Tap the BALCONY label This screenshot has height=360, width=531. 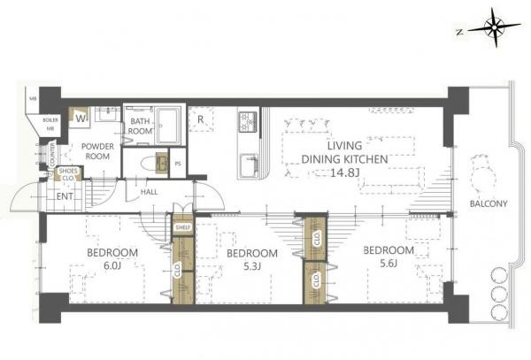point(488,204)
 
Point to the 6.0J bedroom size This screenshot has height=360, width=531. point(112,265)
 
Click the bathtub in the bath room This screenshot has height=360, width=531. point(168,126)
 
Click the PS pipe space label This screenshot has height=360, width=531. point(179,164)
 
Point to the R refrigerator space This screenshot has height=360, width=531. point(203,119)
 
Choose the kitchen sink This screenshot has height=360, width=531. point(249,163)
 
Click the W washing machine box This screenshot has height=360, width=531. point(81,116)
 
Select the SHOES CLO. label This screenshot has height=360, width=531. point(65,173)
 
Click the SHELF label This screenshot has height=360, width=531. point(181,227)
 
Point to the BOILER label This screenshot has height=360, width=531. point(50,118)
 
